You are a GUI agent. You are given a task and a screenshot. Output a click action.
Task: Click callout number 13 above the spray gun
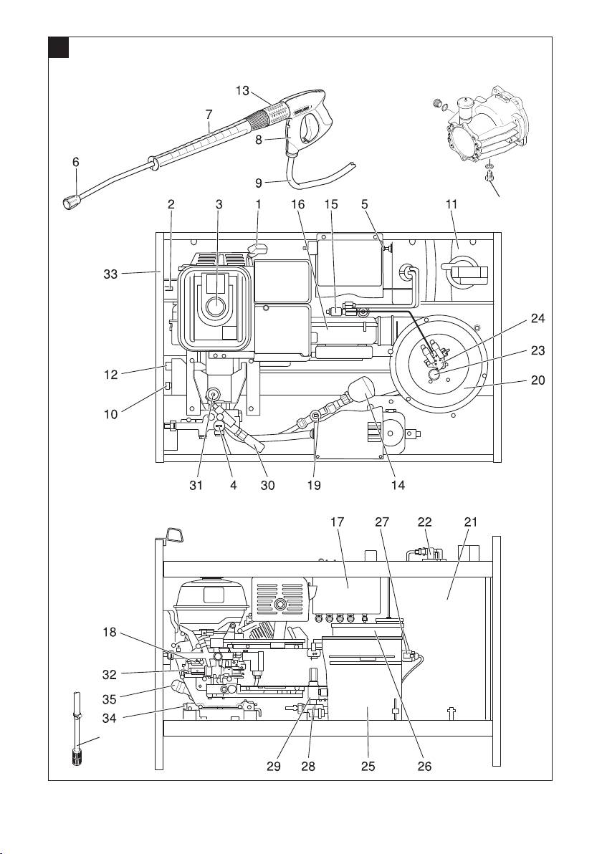pyautogui.click(x=244, y=90)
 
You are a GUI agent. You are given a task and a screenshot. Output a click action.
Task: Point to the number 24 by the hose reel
pyautogui.click(x=538, y=320)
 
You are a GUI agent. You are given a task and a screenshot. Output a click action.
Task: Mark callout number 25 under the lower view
pyautogui.click(x=368, y=766)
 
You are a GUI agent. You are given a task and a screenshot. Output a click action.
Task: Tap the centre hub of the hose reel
pyautogui.click(x=434, y=373)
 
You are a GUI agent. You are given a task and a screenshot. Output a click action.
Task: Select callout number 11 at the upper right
pyautogui.click(x=451, y=204)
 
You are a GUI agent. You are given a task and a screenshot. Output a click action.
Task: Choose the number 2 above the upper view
pyautogui.click(x=171, y=204)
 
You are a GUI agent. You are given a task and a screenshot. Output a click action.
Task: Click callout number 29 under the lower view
pyautogui.click(x=273, y=766)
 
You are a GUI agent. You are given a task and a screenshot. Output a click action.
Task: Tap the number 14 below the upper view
pyautogui.click(x=398, y=485)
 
